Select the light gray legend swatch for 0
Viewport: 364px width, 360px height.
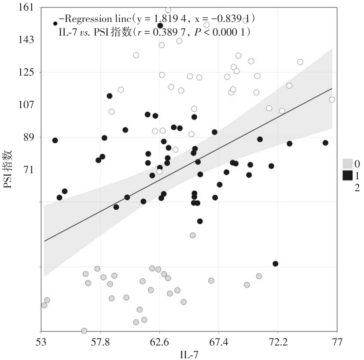point(348,164)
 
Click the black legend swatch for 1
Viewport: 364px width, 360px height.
point(348,175)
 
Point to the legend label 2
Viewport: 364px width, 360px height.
point(357,188)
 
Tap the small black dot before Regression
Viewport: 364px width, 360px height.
point(55,23)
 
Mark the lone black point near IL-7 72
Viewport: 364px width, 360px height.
point(276,264)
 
